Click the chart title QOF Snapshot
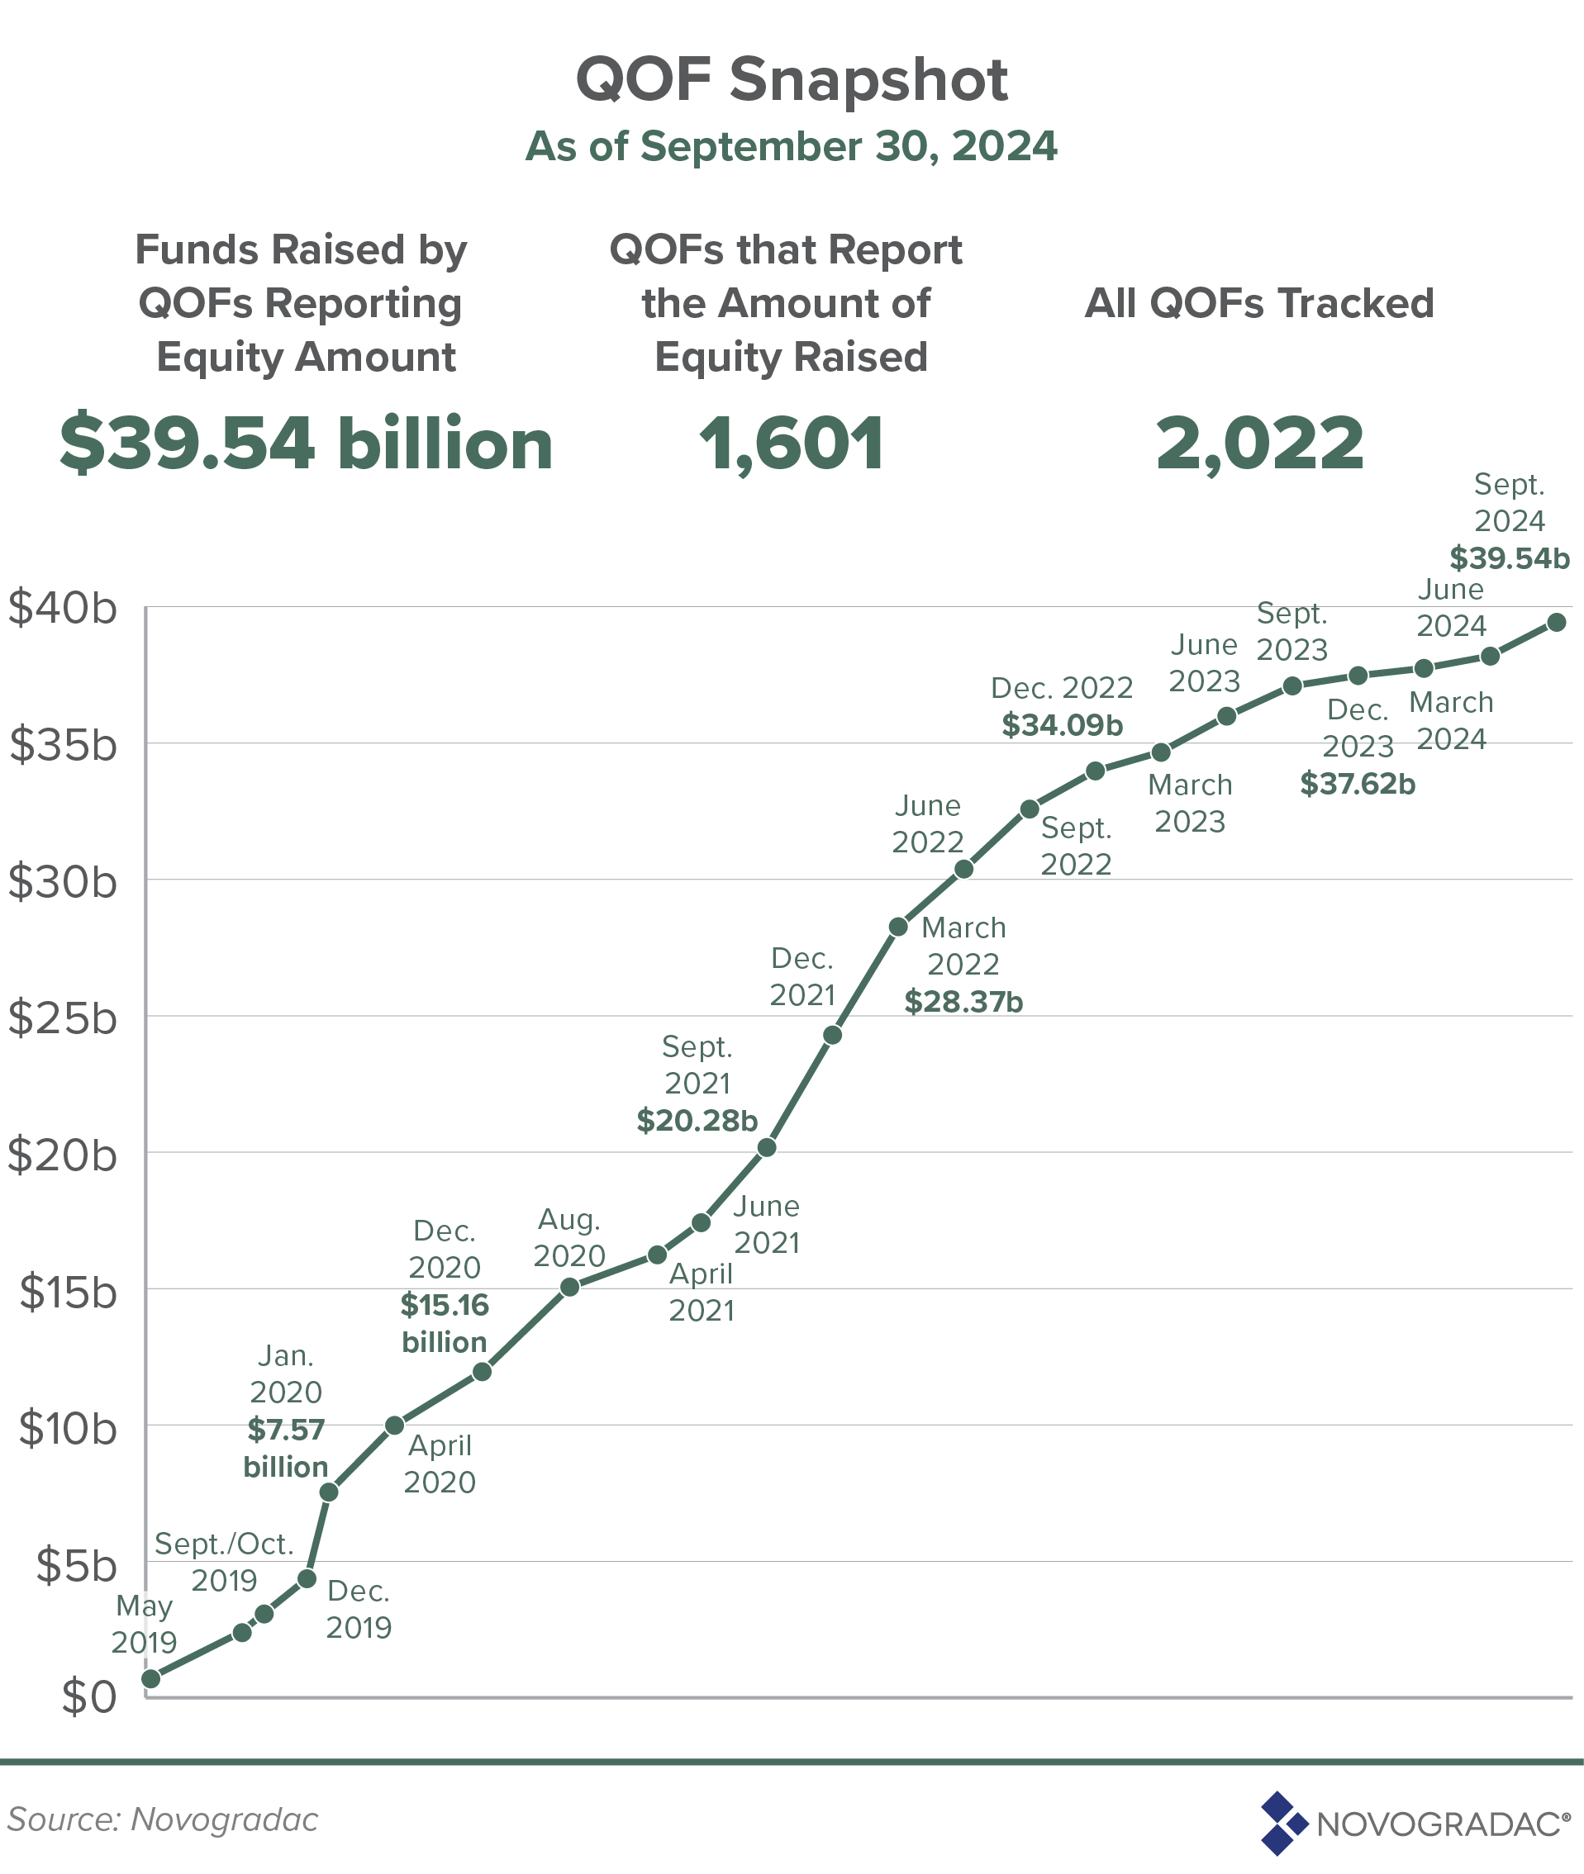pyautogui.click(x=791, y=80)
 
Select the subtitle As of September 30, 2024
pyautogui.click(x=791, y=146)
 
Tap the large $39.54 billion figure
pyautogui.click(x=307, y=444)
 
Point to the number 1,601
pyautogui.click(x=791, y=444)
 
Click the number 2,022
pyautogui.click(x=1259, y=444)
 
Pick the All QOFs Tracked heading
pyautogui.click(x=1259, y=303)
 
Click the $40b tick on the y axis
pyautogui.click(x=63, y=609)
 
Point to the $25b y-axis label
pyautogui.click(x=63, y=1018)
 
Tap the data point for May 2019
pyautogui.click(x=152, y=1678)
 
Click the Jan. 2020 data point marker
pyautogui.click(x=329, y=1492)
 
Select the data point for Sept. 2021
pyautogui.click(x=767, y=1148)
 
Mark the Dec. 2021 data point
pyautogui.click(x=832, y=1035)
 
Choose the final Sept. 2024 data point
pyautogui.click(x=1557, y=622)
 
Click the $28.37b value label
pyautogui.click(x=963, y=1002)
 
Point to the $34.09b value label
pyautogui.click(x=1063, y=725)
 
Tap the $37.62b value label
pyautogui.click(x=1358, y=785)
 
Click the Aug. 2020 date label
pyautogui.click(x=569, y=1238)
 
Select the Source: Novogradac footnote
pyautogui.click(x=163, y=1819)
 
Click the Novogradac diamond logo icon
pyautogui.click(x=1282, y=1823)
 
